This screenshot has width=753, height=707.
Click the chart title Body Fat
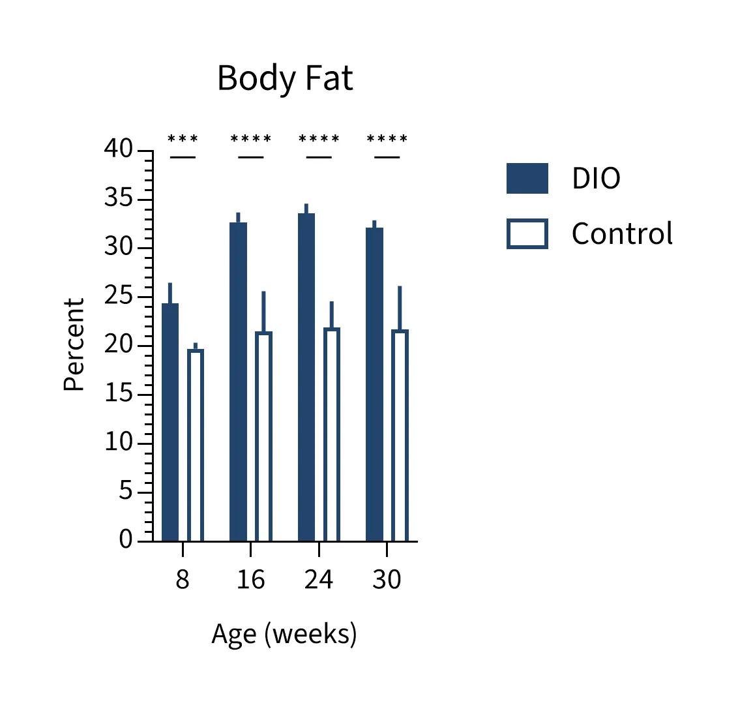(x=285, y=78)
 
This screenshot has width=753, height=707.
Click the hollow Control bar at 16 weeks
(x=263, y=436)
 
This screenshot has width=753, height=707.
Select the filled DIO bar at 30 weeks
(x=374, y=384)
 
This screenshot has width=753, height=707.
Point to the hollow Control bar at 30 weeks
(x=400, y=435)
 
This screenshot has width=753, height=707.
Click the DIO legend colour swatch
(x=527, y=179)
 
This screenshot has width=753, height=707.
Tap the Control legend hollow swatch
(x=527, y=234)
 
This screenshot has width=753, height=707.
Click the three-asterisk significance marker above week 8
(x=183, y=140)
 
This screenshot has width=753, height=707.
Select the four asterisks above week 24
(x=319, y=140)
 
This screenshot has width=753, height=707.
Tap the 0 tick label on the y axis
(x=125, y=540)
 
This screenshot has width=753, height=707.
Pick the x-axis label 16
(x=250, y=579)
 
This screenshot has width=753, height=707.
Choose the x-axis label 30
(x=387, y=579)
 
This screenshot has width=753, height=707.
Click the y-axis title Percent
(x=74, y=344)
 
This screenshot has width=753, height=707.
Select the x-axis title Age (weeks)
(x=284, y=633)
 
